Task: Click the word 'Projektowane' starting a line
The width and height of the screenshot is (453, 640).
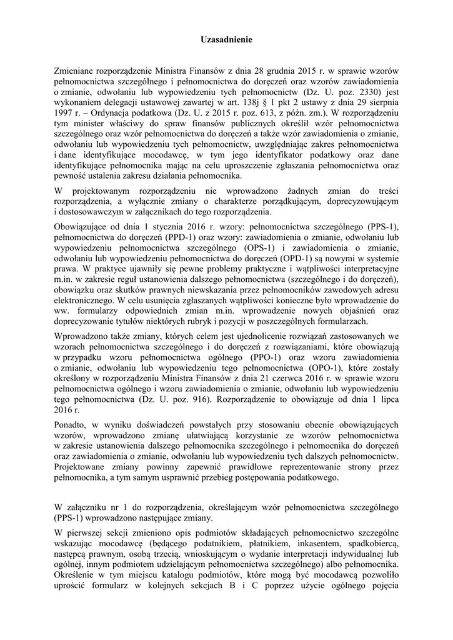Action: click(82, 467)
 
